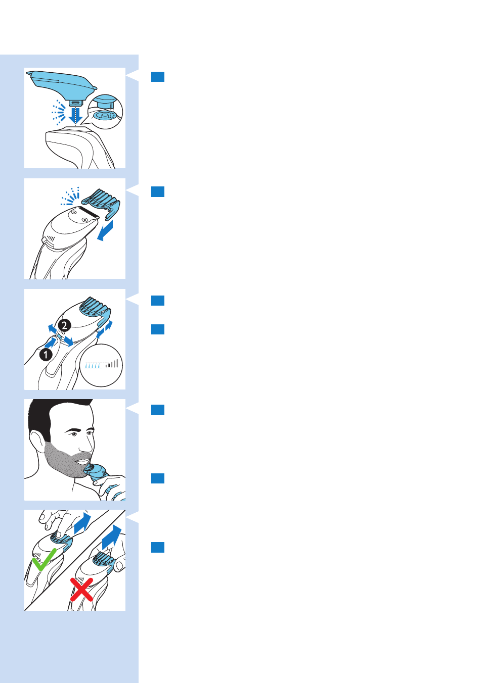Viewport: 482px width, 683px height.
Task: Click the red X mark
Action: pyautogui.click(x=81, y=590)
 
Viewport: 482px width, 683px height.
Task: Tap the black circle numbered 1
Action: pyautogui.click(x=46, y=355)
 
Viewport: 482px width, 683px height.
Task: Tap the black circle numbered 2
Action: pyautogui.click(x=64, y=325)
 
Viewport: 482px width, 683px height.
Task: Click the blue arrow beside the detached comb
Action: pyautogui.click(x=105, y=231)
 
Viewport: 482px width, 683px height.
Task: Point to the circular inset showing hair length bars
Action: pyautogui.click(x=101, y=365)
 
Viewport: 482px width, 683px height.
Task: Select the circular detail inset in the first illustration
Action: pyautogui.click(x=105, y=112)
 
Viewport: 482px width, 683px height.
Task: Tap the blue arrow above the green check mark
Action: pyautogui.click(x=82, y=523)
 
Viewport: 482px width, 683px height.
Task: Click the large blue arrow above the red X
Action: pyautogui.click(x=111, y=537)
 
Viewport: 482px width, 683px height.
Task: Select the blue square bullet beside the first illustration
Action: pyautogui.click(x=158, y=77)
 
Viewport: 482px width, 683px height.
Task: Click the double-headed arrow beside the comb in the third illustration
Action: pyautogui.click(x=104, y=329)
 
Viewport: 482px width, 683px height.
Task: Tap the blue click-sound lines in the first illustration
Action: pyautogui.click(x=58, y=112)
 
